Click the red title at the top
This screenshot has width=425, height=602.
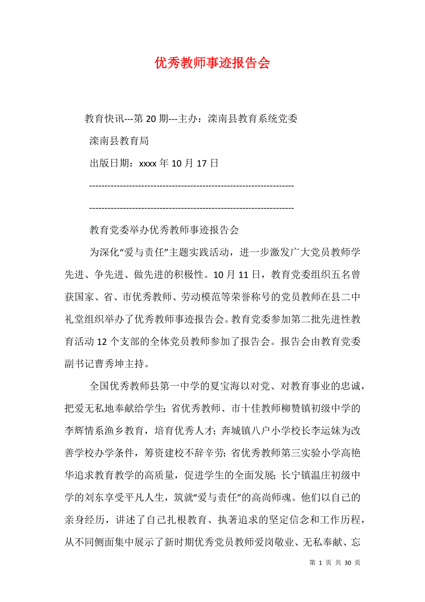point(212,63)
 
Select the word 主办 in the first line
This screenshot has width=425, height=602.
point(188,119)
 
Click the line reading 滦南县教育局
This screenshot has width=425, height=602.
point(119,141)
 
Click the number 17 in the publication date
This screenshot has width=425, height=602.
point(201,163)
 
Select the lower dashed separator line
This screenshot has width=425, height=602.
point(191,208)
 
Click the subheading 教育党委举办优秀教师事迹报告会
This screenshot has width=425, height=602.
point(164,230)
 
